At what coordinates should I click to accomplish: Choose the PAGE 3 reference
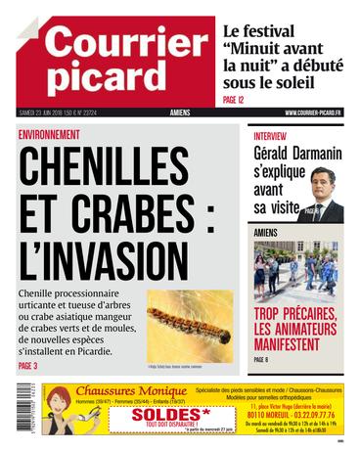(x=27, y=367)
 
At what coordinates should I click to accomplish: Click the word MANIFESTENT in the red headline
(x=294, y=344)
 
